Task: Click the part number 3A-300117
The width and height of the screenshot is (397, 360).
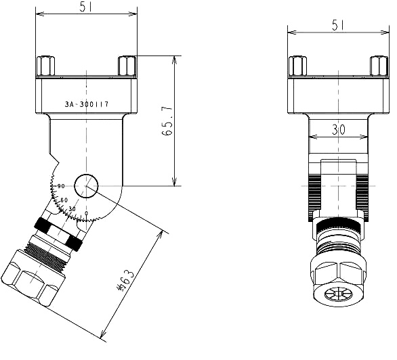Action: (x=87, y=105)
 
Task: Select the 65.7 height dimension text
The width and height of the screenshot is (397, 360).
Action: (x=167, y=121)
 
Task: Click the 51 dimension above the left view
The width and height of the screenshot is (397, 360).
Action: (x=86, y=7)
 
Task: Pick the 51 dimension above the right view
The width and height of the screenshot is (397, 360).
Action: (x=338, y=24)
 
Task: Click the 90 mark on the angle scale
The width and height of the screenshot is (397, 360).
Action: (x=61, y=187)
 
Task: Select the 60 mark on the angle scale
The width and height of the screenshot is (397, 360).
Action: (x=64, y=200)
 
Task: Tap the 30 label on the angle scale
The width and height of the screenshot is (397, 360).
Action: (x=72, y=209)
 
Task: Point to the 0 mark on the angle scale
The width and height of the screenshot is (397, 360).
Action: (x=86, y=214)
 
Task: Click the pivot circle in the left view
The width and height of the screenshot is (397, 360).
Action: (x=86, y=185)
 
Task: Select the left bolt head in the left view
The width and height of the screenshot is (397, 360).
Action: (x=45, y=66)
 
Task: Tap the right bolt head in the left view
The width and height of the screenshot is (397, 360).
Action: (x=127, y=66)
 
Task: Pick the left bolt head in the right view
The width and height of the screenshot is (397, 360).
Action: (x=297, y=66)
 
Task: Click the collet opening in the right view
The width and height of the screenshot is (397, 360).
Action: (x=337, y=296)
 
